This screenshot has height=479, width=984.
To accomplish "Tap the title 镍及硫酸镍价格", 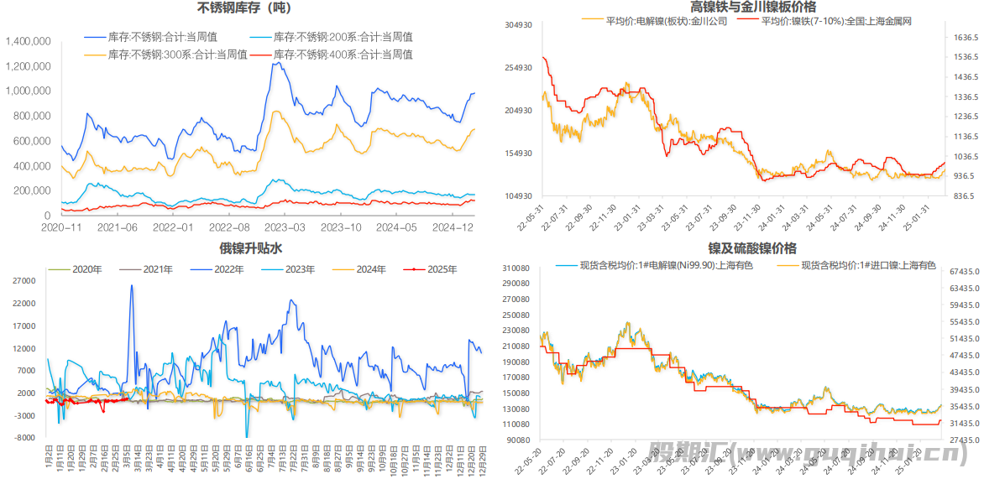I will click(740, 248).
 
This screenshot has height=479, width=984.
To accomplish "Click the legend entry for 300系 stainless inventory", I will click(177, 55).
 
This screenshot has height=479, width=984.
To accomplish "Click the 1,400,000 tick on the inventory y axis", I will click(29, 41).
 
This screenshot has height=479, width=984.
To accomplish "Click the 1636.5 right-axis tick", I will click(966, 38).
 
